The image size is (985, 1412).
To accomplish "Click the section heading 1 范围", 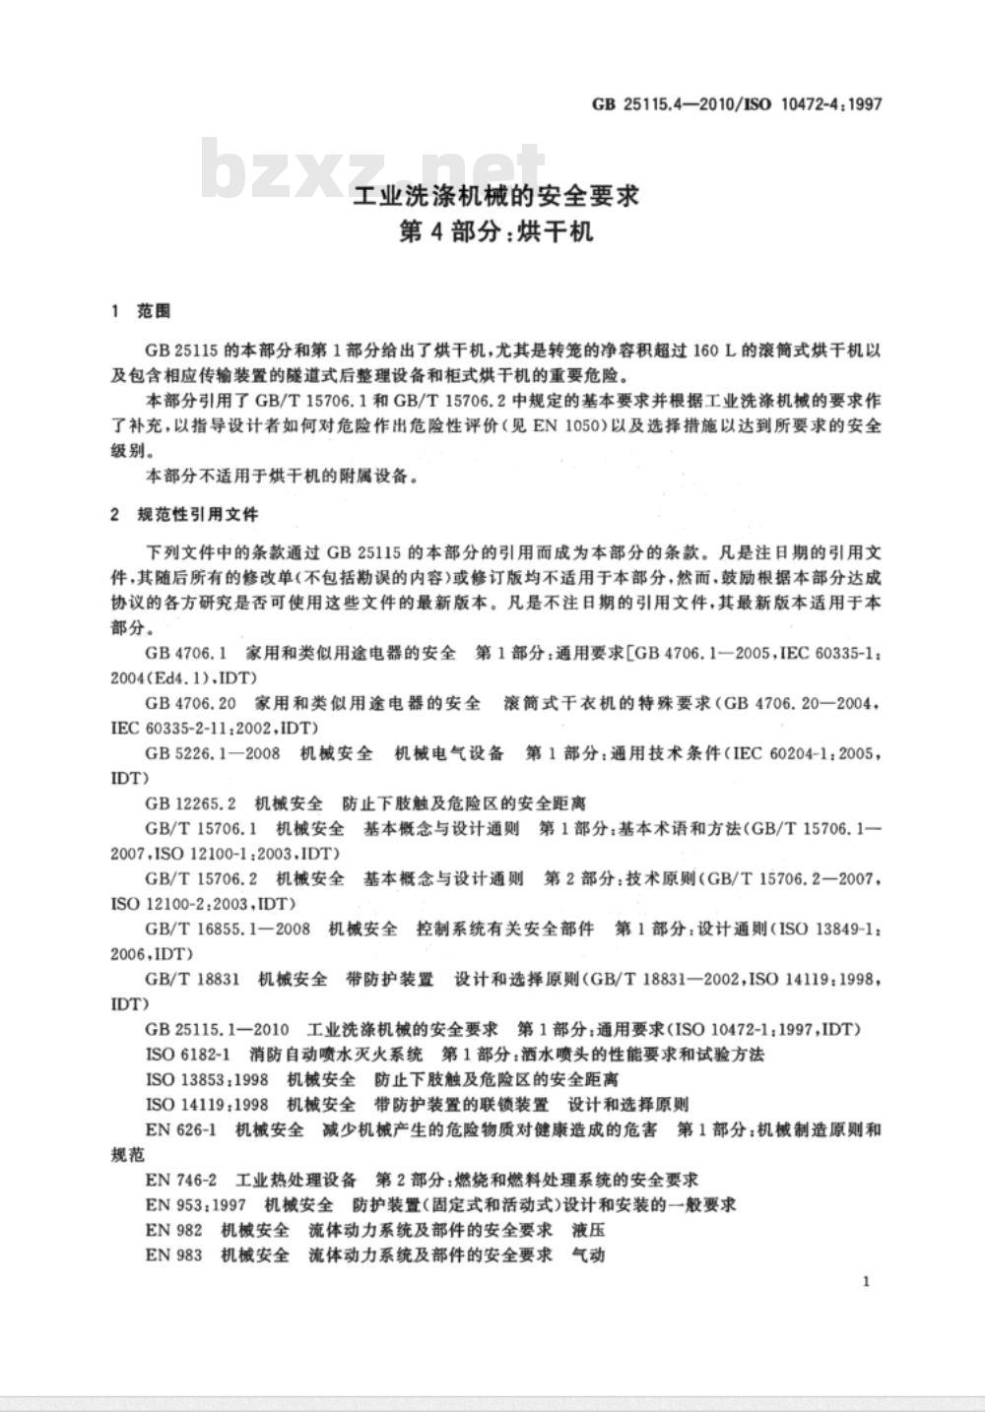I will coord(143,311).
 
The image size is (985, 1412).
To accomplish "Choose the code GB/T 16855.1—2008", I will coord(228,929).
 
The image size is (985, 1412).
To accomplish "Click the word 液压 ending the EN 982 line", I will coord(588,1230).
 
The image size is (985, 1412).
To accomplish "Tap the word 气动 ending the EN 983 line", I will coord(588,1254).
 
